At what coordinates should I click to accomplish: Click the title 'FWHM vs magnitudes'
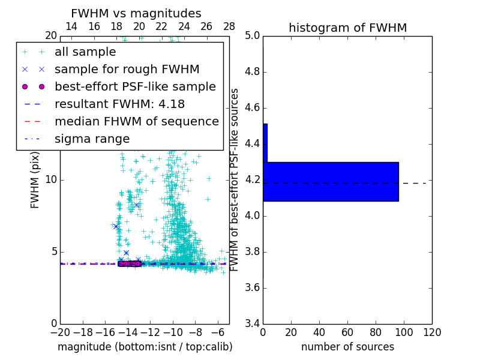click(136, 13)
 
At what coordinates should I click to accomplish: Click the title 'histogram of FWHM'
click(347, 28)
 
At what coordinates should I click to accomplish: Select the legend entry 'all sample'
click(85, 52)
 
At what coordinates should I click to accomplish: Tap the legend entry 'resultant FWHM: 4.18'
click(119, 104)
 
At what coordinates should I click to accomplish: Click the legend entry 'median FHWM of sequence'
click(136, 121)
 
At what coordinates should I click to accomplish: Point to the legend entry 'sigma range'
click(92, 139)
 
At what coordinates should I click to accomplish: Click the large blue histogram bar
click(331, 182)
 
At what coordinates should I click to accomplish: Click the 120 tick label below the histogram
click(432, 332)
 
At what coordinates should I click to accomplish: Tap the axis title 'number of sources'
click(347, 347)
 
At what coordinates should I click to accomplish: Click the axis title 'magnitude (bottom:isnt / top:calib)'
click(145, 347)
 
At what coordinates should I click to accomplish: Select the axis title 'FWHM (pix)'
click(35, 180)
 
